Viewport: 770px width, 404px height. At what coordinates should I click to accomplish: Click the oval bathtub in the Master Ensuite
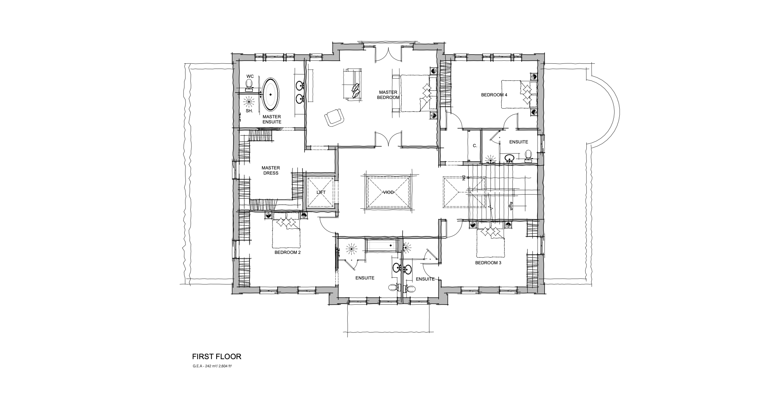tap(271, 95)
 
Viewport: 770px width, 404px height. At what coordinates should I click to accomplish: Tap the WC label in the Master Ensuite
tap(250, 76)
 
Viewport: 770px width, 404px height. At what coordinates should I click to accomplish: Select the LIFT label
tap(321, 193)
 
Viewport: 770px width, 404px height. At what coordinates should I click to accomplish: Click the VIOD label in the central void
tap(388, 193)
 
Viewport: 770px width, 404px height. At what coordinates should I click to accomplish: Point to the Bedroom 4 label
tap(494, 95)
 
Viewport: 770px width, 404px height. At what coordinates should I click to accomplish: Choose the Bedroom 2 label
tap(288, 253)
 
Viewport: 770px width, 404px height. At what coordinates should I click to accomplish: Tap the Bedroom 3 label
tap(488, 263)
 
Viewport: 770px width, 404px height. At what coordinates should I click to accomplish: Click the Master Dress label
tap(270, 170)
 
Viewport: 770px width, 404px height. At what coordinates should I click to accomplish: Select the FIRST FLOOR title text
tap(217, 357)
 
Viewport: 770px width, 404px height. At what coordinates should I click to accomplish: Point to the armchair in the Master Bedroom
tap(334, 117)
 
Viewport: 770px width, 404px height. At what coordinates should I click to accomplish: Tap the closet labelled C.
tap(475, 146)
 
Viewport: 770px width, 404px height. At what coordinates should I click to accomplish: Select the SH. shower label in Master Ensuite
tap(249, 111)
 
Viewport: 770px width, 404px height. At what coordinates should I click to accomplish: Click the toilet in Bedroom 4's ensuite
tap(528, 156)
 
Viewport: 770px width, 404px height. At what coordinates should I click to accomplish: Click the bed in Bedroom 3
tap(490, 241)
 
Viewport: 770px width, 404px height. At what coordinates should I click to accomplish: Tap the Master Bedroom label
tap(388, 95)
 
